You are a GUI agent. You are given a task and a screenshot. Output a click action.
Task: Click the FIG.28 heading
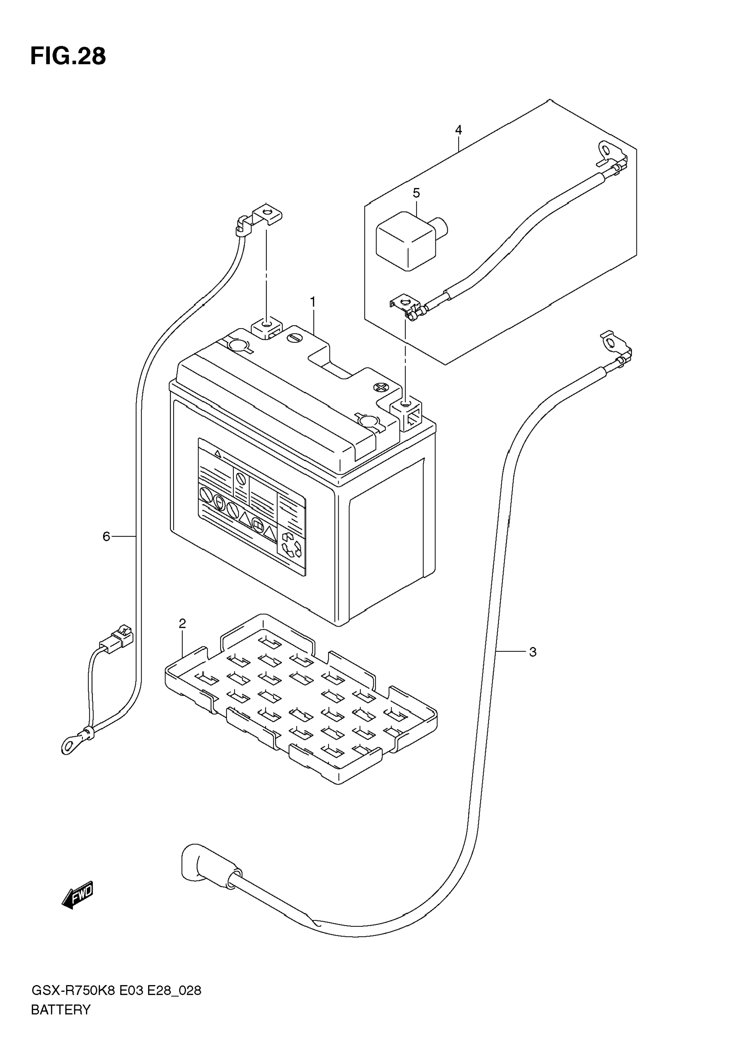68,57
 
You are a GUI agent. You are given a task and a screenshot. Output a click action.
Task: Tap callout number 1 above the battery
313,302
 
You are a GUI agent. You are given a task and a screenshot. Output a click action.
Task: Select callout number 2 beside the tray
182,624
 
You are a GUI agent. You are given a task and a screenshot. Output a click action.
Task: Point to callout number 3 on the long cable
533,652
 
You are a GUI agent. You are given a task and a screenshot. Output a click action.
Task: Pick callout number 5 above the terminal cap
416,193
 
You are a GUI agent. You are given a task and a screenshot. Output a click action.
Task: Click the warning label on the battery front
251,506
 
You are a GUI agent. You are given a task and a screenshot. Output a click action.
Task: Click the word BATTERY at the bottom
61,1010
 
